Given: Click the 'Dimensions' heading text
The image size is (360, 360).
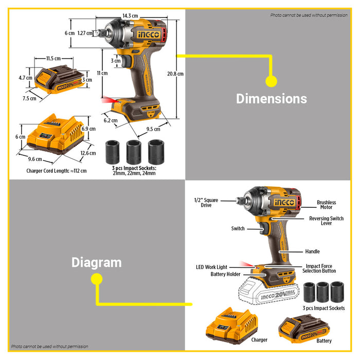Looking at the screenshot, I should click(x=271, y=99).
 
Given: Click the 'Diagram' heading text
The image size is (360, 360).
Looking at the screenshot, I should click(x=96, y=262).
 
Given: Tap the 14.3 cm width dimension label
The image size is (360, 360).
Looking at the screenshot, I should click(x=130, y=16).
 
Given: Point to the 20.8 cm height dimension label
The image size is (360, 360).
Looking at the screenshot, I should click(x=175, y=74).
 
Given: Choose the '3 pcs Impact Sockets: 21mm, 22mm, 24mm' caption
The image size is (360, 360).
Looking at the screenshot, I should click(x=134, y=171).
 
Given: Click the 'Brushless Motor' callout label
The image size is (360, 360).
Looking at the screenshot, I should click(x=326, y=205).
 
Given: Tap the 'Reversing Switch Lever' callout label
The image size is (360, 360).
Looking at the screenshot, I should click(x=327, y=221).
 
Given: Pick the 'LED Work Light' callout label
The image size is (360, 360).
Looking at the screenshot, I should click(x=211, y=267).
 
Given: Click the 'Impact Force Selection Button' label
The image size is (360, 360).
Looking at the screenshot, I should click(x=317, y=268).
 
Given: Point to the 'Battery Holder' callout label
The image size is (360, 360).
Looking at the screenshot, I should click(x=225, y=275).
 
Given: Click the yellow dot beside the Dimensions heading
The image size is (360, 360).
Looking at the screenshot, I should click(x=271, y=81).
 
